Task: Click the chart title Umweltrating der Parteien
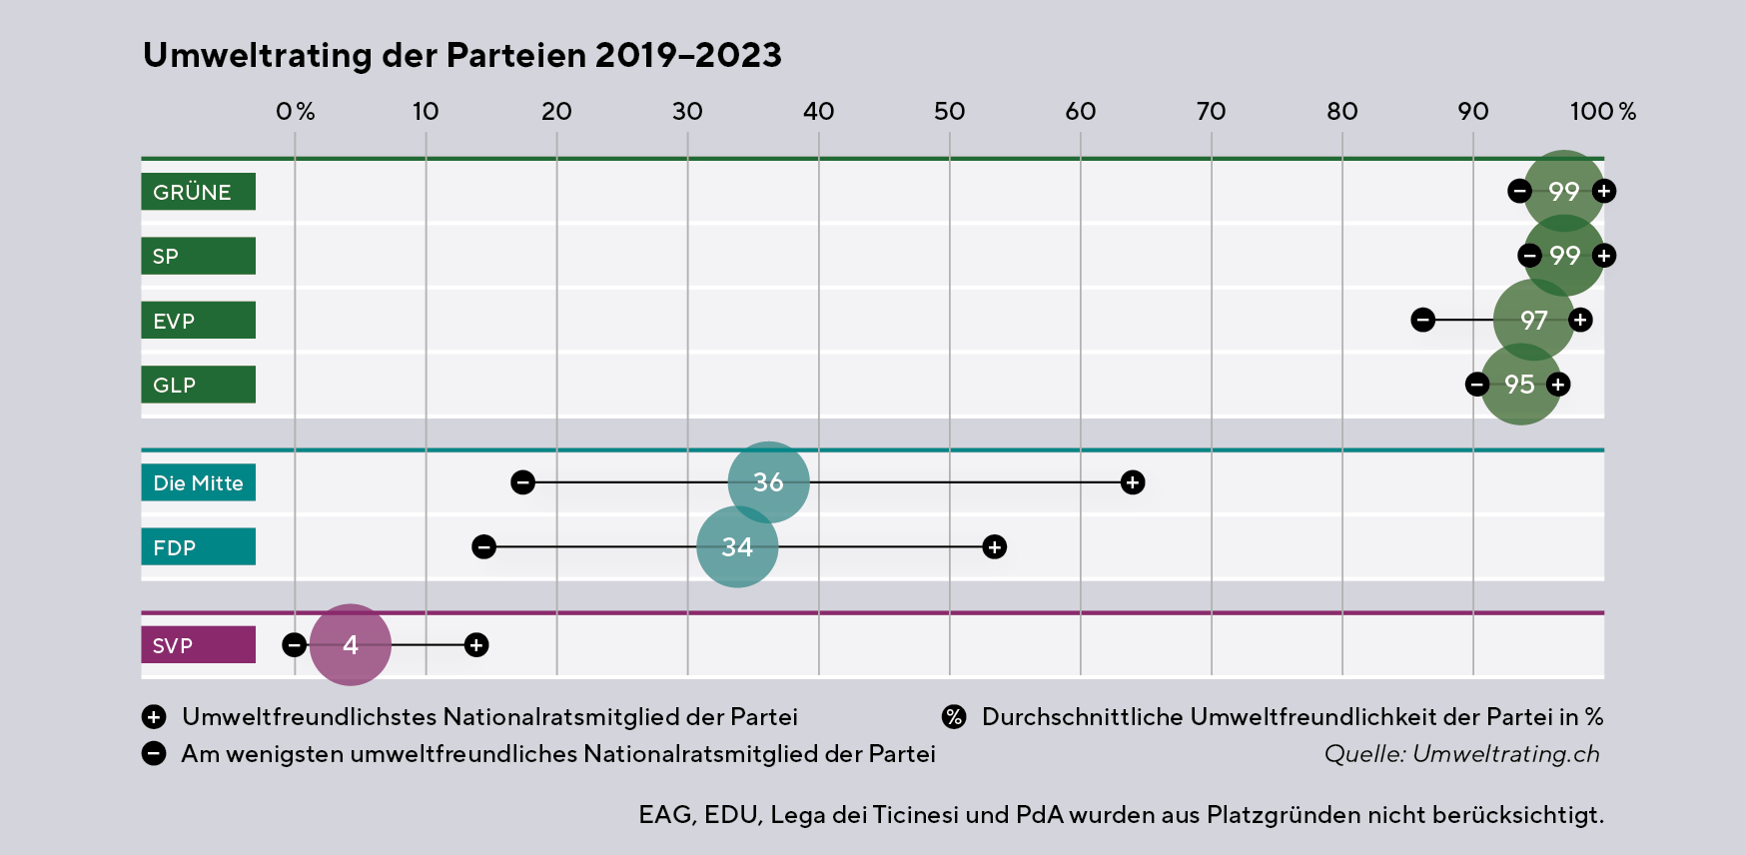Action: (461, 55)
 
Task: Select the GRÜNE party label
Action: (198, 192)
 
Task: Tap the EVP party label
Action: (198, 321)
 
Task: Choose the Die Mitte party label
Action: (198, 482)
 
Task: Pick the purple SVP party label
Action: (198, 645)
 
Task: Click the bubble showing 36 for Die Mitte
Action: (768, 482)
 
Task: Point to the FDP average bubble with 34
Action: (737, 547)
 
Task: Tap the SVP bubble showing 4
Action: (350, 645)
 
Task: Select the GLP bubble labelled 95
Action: (1519, 385)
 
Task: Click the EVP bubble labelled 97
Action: (1533, 321)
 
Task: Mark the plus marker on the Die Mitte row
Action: (1132, 482)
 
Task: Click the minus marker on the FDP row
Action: (483, 547)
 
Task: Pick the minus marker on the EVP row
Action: (1422, 321)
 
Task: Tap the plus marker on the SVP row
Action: (476, 645)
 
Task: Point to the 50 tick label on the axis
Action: (949, 111)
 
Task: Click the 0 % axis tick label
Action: (295, 111)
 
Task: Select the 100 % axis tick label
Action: (1602, 111)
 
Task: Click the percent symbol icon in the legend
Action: (954, 717)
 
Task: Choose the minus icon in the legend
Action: (154, 754)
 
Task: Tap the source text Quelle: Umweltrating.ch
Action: (1461, 754)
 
